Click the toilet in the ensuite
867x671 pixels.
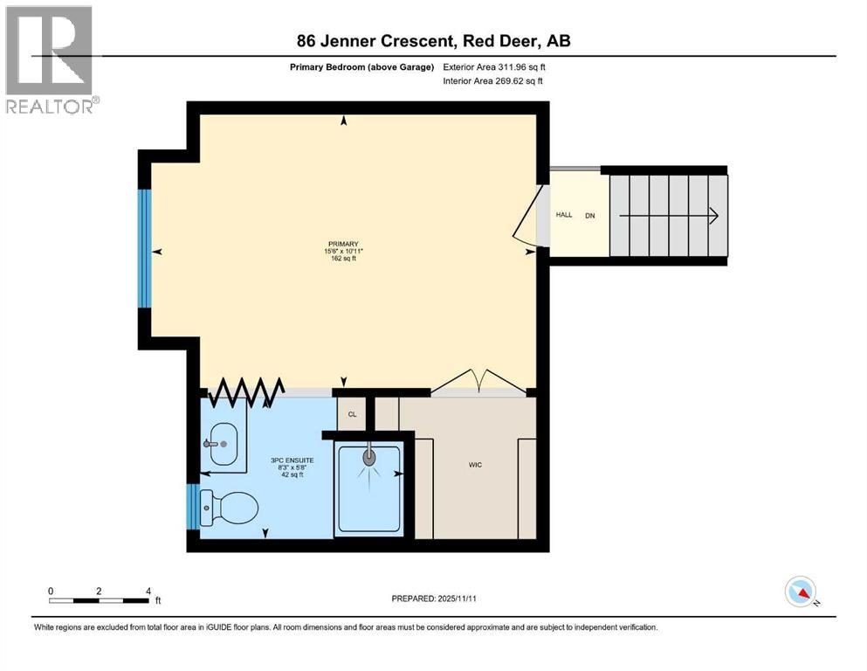tap(229, 508)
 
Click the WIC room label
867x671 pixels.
tap(474, 465)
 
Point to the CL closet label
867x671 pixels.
tap(352, 414)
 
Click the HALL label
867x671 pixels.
tap(564, 215)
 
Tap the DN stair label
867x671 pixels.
tap(589, 215)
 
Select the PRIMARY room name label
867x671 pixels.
tap(343, 244)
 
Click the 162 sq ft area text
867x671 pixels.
tap(343, 259)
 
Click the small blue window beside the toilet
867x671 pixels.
tap(192, 507)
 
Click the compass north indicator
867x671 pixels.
tap(800, 591)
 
